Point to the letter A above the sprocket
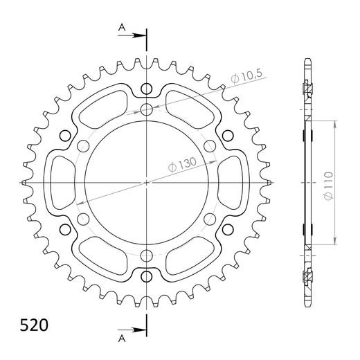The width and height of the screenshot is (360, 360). (x=122, y=27)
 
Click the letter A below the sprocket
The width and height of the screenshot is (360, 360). (x=122, y=339)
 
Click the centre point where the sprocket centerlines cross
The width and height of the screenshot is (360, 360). (x=147, y=183)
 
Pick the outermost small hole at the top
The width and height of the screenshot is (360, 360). (x=147, y=88)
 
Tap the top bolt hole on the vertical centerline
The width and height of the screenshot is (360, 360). (x=147, y=109)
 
